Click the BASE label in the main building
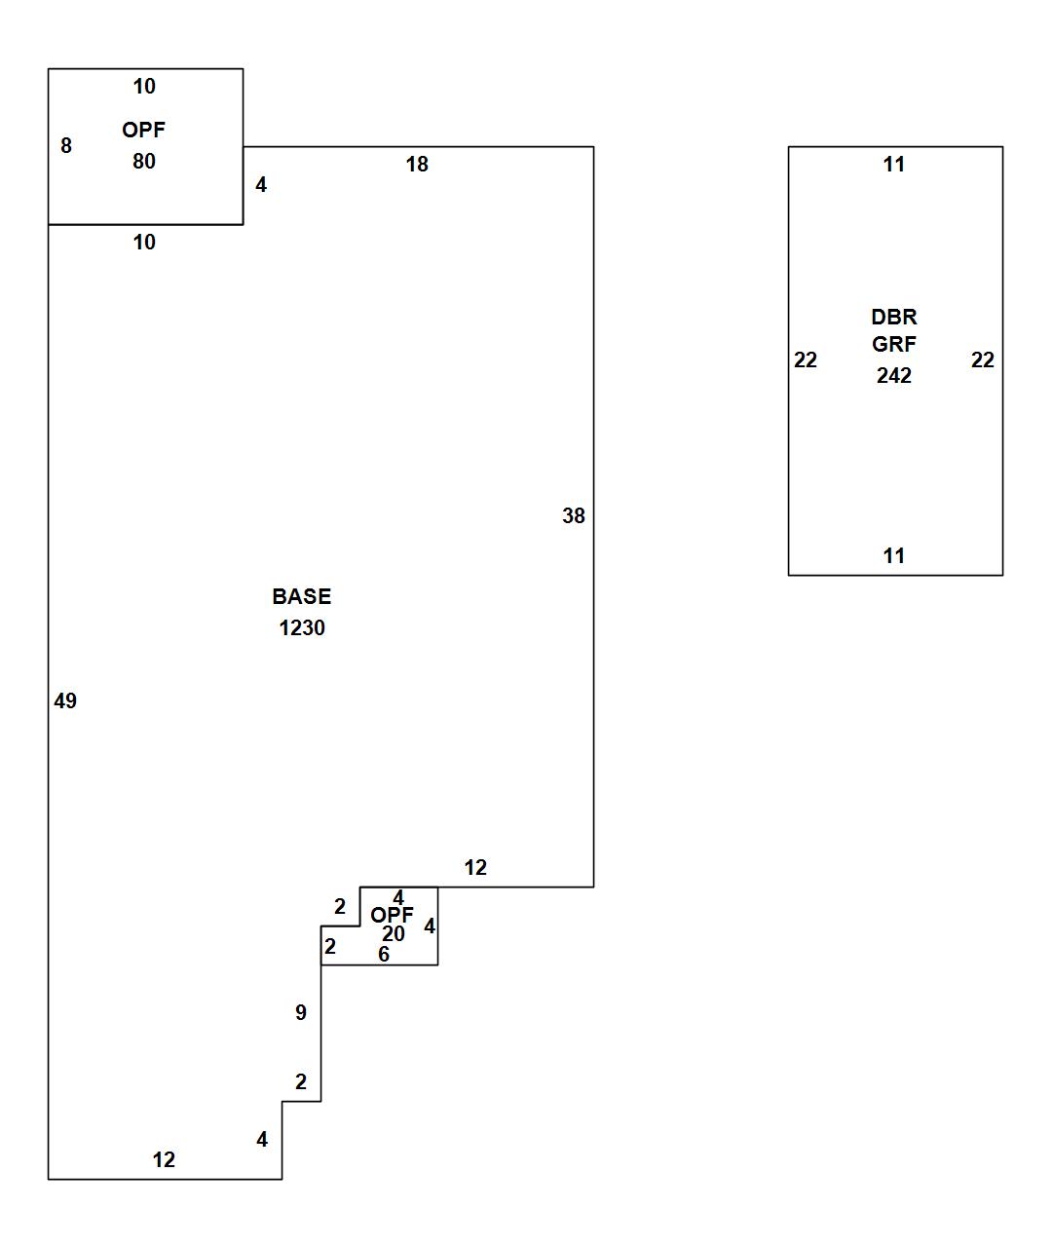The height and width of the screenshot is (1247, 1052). [x=301, y=596]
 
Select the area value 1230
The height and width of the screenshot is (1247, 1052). [x=302, y=628]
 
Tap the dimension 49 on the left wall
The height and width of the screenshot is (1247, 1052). [x=65, y=700]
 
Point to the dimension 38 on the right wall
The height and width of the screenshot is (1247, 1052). [x=574, y=516]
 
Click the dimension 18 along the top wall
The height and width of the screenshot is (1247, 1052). [x=417, y=165]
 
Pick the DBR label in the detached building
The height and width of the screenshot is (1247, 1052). [x=893, y=318]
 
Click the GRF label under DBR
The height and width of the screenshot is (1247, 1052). [x=893, y=344]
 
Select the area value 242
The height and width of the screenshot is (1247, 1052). [x=893, y=376]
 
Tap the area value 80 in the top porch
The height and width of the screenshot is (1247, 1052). [x=144, y=162]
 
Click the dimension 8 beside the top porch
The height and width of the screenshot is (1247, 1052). [x=66, y=146]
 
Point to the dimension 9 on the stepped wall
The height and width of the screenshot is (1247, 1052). [x=301, y=1013]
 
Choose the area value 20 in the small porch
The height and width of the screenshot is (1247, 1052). [x=394, y=934]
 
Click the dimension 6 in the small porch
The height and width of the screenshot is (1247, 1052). [x=384, y=955]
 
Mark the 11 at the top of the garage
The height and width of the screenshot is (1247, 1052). [x=894, y=165]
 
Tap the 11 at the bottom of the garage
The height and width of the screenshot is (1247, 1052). [x=894, y=556]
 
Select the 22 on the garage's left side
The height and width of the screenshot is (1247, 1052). [x=806, y=360]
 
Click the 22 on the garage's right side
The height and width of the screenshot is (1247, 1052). [x=983, y=360]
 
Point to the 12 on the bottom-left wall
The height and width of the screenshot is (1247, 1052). [x=164, y=1160]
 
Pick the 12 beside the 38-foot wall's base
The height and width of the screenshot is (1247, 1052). [x=475, y=868]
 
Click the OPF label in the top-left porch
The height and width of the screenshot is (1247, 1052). [x=144, y=130]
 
